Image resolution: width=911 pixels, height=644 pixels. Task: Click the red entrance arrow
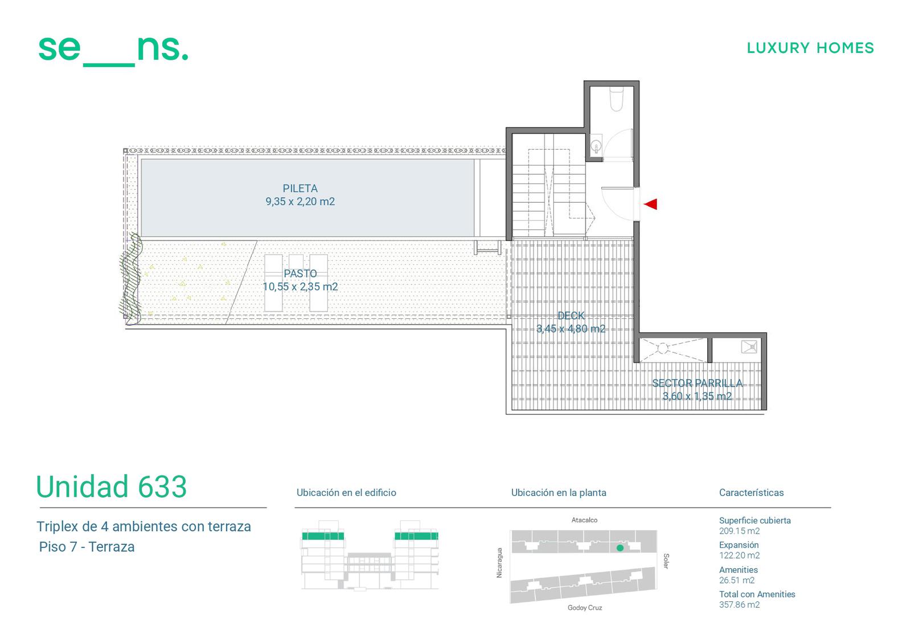650,204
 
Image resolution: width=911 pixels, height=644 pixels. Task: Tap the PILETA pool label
300,188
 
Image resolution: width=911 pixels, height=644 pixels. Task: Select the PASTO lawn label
300,273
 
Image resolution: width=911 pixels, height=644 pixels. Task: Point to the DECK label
571,315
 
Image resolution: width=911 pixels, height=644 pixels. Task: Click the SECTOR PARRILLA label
697,383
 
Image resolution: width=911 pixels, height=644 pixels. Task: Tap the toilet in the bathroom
617,100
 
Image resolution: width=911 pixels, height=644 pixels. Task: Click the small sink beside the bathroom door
596,145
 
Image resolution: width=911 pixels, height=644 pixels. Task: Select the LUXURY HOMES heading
811,48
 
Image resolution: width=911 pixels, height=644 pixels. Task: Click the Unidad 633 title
112,487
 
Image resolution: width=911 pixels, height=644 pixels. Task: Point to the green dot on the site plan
620,548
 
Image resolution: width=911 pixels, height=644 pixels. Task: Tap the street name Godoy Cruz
584,608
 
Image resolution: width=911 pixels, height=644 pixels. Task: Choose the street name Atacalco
584,520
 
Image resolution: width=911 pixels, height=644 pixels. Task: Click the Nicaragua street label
499,563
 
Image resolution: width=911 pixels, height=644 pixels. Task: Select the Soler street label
666,561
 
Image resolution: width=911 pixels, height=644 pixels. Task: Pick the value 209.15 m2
740,531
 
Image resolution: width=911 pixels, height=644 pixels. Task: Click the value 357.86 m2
740,605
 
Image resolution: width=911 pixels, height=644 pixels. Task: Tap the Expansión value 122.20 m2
740,555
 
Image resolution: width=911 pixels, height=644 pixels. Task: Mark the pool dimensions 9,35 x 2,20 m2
300,202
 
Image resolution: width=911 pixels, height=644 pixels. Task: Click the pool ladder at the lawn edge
487,247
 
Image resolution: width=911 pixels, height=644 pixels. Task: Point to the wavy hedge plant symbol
131,278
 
